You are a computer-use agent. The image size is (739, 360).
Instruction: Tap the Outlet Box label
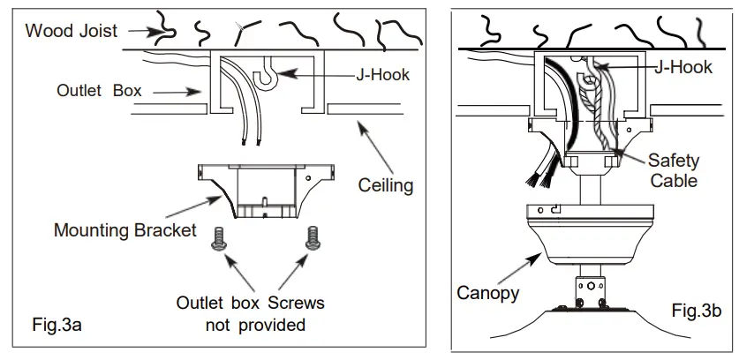[x=98, y=91]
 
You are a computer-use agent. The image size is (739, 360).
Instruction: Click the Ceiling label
[x=385, y=185]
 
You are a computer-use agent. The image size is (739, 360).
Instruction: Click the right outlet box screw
[x=312, y=236]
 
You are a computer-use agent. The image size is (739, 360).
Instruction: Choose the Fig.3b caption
[x=698, y=311]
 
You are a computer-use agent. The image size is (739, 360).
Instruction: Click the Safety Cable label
[x=673, y=171]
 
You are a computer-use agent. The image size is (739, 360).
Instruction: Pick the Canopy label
[x=487, y=292]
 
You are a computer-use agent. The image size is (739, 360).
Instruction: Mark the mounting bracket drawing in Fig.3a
[x=265, y=190]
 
